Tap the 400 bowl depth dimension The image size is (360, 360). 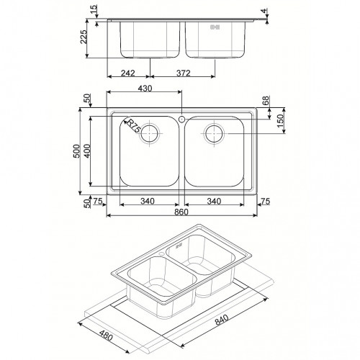88,152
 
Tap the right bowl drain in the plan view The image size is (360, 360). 215,132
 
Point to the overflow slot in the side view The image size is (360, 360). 213,28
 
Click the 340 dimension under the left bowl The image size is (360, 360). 148,202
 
